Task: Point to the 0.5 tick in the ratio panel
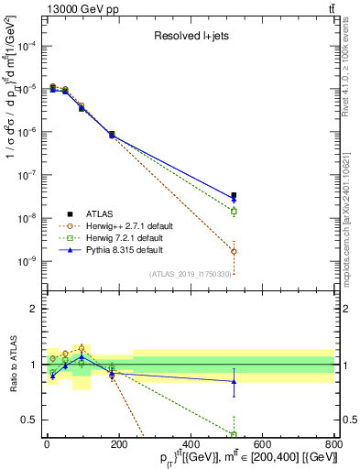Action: tap(25, 420)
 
